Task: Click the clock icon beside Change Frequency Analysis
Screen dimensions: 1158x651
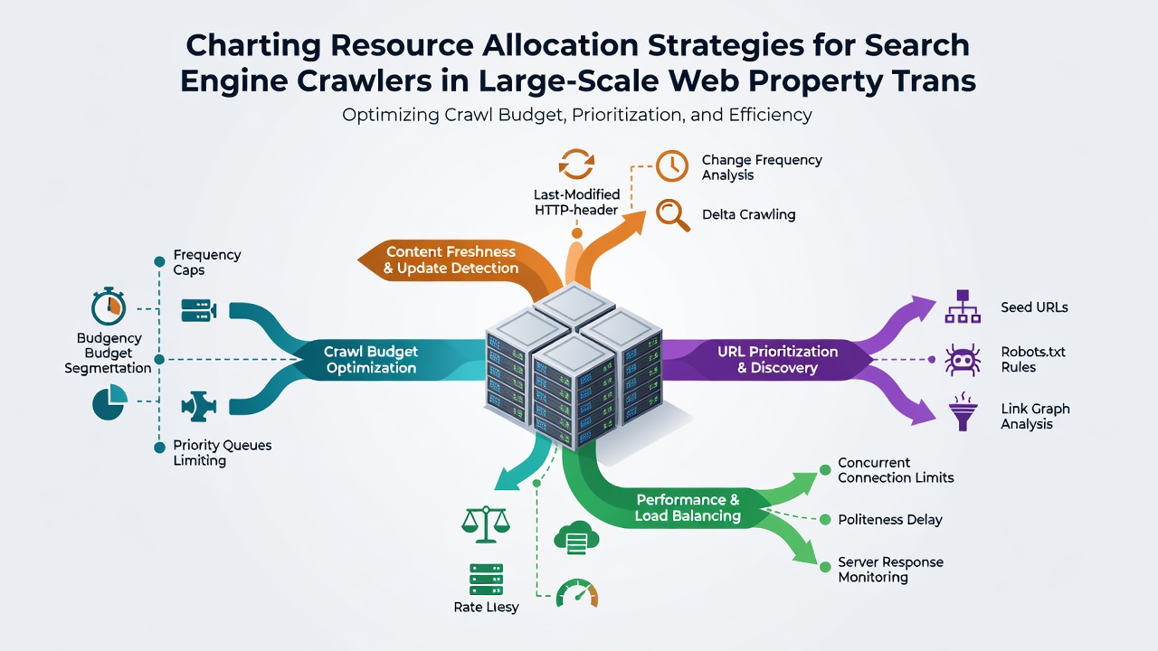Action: point(671,165)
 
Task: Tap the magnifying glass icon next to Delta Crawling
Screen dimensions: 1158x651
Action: point(672,215)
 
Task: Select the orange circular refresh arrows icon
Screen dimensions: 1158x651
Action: point(576,164)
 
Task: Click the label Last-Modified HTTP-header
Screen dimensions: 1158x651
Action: point(576,202)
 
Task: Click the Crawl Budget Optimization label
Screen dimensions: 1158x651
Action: point(371,360)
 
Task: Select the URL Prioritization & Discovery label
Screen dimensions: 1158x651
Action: point(777,360)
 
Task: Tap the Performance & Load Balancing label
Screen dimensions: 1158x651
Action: point(688,507)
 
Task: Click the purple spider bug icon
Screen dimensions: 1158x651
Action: point(962,360)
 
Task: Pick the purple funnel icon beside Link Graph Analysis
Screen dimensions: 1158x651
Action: point(963,411)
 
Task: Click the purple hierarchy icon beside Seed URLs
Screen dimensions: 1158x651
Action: point(963,307)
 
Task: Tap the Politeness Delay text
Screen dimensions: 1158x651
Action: point(889,520)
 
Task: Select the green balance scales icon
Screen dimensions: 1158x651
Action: point(486,524)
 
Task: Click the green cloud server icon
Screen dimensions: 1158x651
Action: point(576,537)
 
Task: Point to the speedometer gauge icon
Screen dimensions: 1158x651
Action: point(577,594)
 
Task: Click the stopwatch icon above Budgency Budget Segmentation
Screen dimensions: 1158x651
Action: point(109,306)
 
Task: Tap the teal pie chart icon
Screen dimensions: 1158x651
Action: point(109,402)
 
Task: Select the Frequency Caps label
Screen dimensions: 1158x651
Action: point(207,262)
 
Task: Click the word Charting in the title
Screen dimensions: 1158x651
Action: point(254,46)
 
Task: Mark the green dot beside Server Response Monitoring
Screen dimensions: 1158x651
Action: point(825,567)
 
